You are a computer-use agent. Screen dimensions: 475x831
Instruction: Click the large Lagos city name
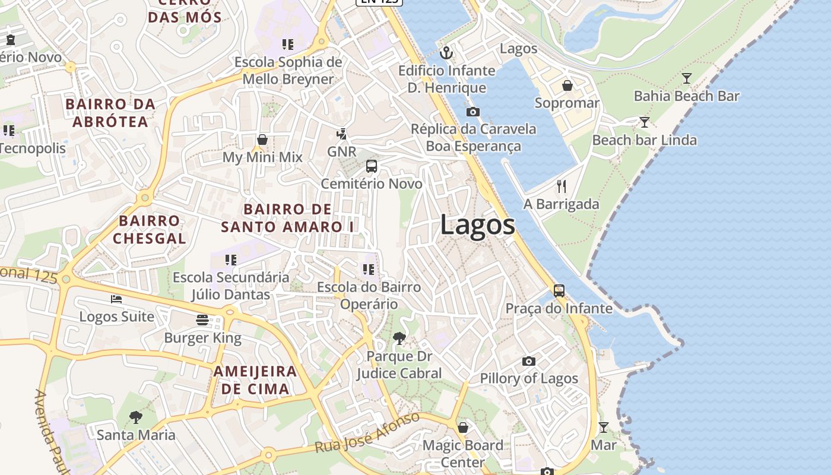tap(478, 226)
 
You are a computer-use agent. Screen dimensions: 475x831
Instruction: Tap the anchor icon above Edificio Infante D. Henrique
tap(446, 53)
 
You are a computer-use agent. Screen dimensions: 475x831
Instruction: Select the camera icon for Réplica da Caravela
tap(473, 112)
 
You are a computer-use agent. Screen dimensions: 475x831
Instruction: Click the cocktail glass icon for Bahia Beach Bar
tap(687, 78)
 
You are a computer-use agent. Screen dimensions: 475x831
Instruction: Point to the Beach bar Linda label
tap(644, 140)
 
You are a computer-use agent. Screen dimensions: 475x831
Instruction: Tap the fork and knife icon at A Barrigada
tap(562, 186)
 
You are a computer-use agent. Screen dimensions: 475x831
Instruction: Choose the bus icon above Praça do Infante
tap(559, 291)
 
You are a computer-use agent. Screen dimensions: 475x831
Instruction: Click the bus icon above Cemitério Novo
tap(372, 166)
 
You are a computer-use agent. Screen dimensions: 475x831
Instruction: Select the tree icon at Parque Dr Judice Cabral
tap(399, 338)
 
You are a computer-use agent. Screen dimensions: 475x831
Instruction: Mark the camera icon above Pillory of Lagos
tap(529, 361)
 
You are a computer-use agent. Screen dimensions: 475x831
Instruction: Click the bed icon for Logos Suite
tap(116, 299)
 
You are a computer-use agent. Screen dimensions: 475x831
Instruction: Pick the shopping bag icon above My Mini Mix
tap(262, 140)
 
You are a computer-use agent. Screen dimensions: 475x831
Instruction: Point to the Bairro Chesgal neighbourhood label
tap(150, 230)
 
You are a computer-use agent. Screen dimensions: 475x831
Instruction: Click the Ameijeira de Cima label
tap(255, 380)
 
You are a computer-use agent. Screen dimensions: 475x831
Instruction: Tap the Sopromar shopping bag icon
tap(567, 86)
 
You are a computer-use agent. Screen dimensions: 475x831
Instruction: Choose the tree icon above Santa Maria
tap(136, 417)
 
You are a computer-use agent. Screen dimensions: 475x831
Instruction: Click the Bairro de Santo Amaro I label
tap(287, 218)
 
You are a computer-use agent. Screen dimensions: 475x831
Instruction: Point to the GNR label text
tap(342, 151)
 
